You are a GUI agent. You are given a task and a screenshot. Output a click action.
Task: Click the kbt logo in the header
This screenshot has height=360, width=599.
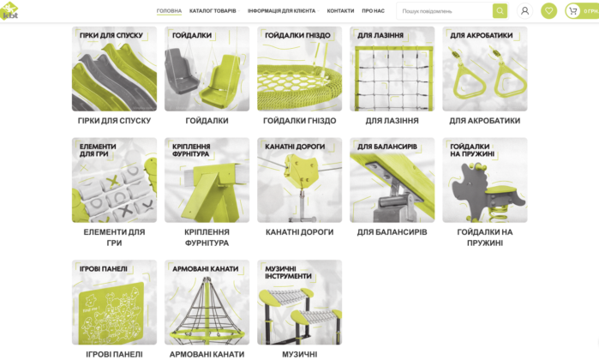[9, 10]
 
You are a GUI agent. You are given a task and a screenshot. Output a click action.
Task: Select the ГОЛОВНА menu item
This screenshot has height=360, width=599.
[169, 10]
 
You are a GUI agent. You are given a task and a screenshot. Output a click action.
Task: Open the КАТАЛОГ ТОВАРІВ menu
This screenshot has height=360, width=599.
[213, 10]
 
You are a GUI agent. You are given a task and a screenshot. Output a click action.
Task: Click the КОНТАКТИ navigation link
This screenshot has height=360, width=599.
[340, 10]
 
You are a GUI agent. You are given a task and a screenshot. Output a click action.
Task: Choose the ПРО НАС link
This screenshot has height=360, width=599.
[374, 10]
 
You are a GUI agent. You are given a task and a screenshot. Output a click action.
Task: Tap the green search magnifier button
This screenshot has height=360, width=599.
[500, 10]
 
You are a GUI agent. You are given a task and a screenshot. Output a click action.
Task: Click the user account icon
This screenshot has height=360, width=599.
[525, 10]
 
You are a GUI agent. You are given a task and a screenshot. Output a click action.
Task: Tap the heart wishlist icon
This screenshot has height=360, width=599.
[549, 10]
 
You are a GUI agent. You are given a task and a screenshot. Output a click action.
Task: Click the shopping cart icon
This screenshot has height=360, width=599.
[572, 11]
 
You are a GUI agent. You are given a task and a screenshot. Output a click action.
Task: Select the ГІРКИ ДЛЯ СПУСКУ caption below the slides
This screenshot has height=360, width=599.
[114, 121]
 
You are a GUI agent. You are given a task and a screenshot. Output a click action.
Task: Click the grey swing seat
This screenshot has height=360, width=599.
[180, 74]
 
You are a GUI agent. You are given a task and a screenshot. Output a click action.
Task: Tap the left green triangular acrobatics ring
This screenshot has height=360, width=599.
[469, 78]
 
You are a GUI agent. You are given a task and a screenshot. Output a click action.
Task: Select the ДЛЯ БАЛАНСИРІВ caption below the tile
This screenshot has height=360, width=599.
[392, 232]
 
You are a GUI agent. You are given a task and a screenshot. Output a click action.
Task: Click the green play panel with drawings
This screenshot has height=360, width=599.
[111, 313]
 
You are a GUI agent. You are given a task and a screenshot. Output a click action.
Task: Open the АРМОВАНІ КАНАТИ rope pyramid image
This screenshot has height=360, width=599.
[207, 303]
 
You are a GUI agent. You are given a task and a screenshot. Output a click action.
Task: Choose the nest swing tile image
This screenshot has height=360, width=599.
[300, 69]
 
